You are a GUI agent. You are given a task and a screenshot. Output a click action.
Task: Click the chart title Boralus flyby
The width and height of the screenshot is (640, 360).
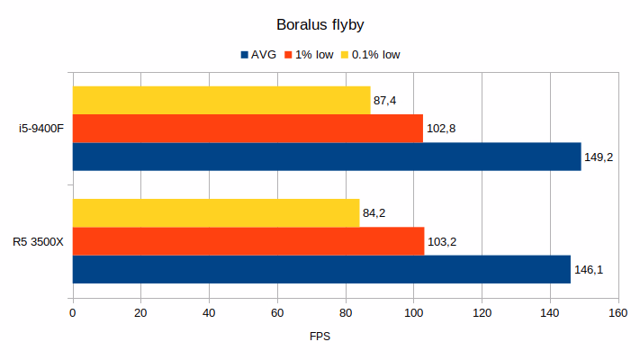(320, 24)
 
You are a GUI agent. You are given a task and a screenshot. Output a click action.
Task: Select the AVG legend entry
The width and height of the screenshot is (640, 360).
(258, 54)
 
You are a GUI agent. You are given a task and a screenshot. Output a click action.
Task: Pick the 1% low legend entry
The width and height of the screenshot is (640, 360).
(311, 54)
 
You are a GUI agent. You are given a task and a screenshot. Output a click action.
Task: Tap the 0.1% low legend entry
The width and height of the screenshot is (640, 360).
(369, 54)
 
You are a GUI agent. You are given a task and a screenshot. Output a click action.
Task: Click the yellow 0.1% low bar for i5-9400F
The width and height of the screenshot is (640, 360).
(221, 100)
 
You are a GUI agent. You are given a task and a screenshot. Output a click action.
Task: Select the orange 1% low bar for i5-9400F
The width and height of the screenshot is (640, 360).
(248, 128)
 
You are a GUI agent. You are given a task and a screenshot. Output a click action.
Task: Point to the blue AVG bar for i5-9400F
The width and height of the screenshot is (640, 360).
(326, 157)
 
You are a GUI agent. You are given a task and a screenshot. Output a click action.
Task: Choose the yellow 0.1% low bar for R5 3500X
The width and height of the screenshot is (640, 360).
(216, 213)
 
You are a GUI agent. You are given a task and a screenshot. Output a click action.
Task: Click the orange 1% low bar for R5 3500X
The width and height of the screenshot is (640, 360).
(248, 241)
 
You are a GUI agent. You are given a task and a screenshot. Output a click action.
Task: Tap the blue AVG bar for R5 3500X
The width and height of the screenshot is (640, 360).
(321, 269)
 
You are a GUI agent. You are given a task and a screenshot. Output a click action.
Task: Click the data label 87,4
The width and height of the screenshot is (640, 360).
(387, 100)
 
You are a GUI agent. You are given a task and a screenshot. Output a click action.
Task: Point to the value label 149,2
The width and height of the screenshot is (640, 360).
(599, 157)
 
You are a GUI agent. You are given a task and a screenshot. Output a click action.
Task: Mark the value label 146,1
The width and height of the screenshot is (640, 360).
(588, 269)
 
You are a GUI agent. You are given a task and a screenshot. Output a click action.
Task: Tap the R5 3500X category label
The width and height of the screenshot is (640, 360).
(38, 241)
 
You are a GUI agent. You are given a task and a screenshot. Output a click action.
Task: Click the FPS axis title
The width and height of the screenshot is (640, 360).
(320, 337)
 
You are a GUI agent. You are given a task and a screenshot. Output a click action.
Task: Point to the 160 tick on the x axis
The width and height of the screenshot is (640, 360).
(617, 312)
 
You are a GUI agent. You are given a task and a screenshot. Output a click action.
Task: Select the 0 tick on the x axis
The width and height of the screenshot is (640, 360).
(73, 312)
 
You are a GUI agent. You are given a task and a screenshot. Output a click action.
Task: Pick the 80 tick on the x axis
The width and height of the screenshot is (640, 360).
(345, 312)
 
